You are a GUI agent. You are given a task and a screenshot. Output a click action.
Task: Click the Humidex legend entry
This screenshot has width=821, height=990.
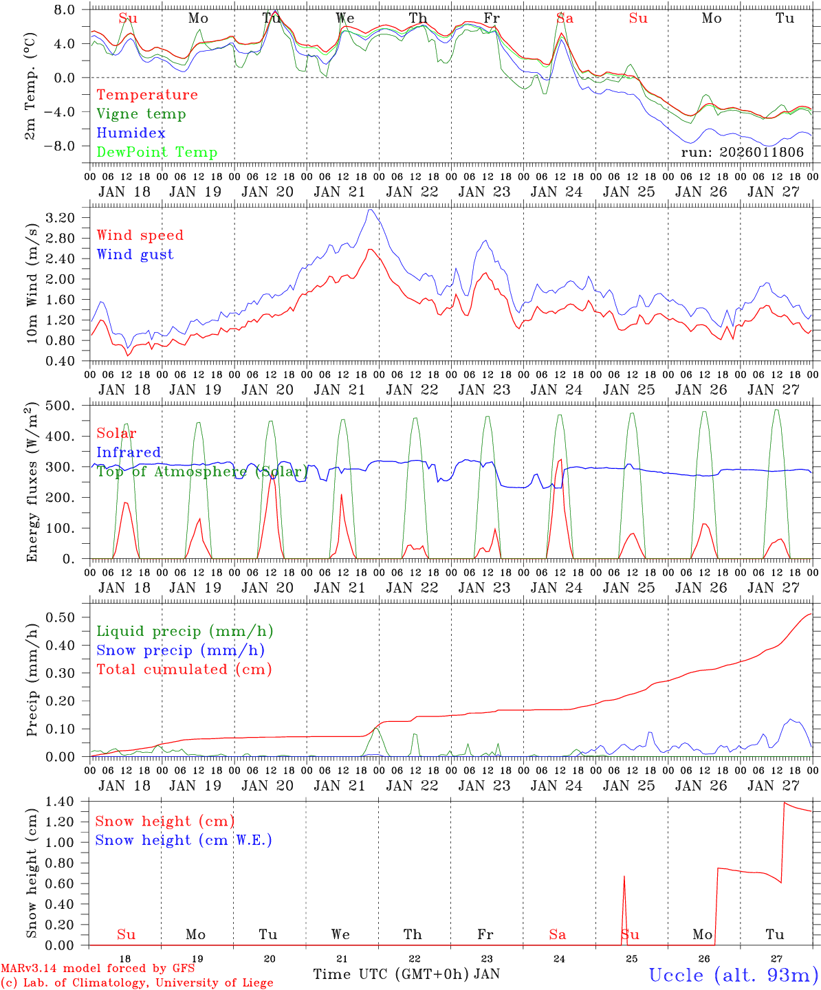(x=131, y=133)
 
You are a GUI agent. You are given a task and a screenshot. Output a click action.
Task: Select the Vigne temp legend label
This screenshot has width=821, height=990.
(x=141, y=114)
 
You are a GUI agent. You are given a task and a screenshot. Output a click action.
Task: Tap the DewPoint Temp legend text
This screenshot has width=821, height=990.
(x=157, y=153)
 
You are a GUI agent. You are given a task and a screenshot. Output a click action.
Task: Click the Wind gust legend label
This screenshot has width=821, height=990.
(x=135, y=254)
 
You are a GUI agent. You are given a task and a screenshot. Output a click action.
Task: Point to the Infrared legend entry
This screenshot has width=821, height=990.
(x=129, y=452)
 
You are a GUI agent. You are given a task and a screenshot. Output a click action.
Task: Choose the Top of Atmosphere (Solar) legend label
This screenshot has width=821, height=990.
(x=202, y=472)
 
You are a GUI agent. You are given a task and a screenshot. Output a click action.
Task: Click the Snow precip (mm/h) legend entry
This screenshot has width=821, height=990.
(x=180, y=650)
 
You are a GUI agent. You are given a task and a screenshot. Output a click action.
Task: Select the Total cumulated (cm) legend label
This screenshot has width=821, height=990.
(x=184, y=670)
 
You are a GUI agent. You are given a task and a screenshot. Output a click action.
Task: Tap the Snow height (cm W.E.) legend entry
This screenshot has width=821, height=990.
(x=184, y=840)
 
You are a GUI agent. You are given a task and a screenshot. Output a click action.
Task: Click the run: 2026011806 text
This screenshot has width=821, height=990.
(x=742, y=152)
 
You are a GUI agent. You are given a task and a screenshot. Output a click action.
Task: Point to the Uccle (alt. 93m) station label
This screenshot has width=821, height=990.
(x=733, y=975)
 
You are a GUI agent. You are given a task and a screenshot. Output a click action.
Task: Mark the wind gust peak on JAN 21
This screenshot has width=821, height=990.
(x=371, y=210)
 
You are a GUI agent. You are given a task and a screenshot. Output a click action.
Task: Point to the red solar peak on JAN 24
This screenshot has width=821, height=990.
(x=560, y=459)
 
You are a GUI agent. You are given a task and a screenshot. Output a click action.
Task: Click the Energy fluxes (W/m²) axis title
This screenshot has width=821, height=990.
(x=32, y=483)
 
